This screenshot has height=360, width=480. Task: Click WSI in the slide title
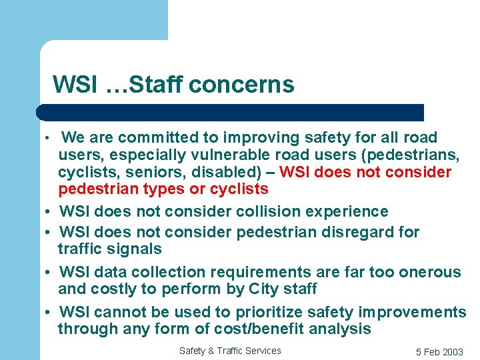pyautogui.click(x=75, y=85)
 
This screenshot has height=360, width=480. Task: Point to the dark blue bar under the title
pyautogui.click(x=230, y=112)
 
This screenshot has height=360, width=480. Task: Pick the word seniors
pyautogui.click(x=147, y=173)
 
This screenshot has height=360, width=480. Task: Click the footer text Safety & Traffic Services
pyautogui.click(x=230, y=351)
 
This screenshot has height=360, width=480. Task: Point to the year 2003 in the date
pyautogui.click(x=452, y=352)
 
